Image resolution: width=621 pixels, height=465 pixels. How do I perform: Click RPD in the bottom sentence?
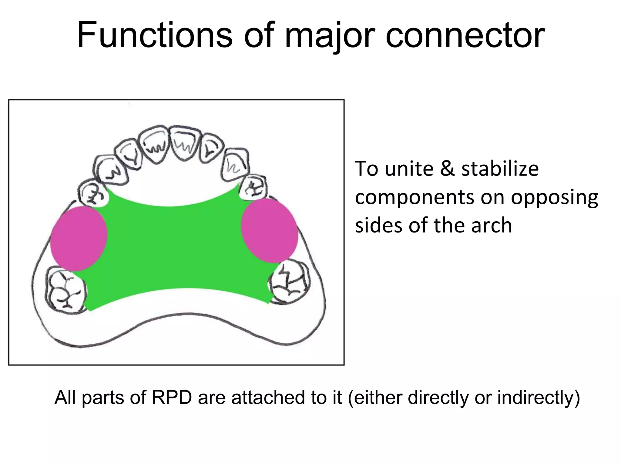point(172,397)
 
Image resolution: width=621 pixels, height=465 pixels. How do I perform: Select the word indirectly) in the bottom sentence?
point(538,397)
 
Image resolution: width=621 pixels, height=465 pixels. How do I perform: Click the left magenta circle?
point(79,239)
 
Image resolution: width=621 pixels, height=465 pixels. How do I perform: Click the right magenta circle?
point(270,230)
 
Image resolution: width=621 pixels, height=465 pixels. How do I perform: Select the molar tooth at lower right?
point(290,282)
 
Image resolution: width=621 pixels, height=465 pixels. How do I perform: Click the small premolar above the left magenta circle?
point(93,193)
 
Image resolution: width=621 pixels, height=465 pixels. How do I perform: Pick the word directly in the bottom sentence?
point(438,397)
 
